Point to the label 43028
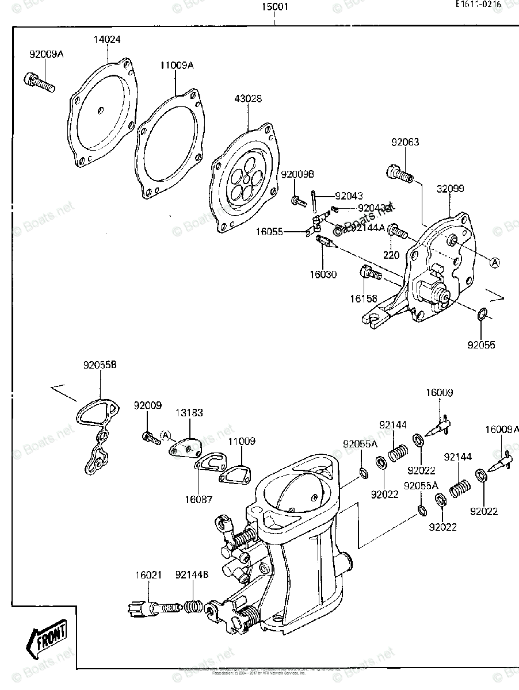click(247, 98)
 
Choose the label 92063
click(406, 142)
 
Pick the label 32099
click(450, 189)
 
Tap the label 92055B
click(100, 365)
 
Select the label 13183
click(189, 413)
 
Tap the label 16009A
click(502, 429)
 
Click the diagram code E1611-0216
click(478, 4)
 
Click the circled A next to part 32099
click(494, 262)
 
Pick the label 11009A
click(177, 65)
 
